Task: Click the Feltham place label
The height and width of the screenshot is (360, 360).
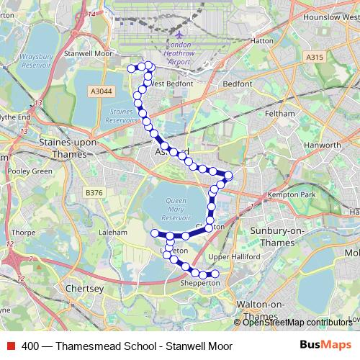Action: point(279,114)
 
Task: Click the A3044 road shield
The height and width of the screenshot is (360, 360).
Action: point(102,91)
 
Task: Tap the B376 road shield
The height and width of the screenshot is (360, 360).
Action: point(94,192)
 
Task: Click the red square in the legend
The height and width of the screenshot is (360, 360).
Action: point(10,346)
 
